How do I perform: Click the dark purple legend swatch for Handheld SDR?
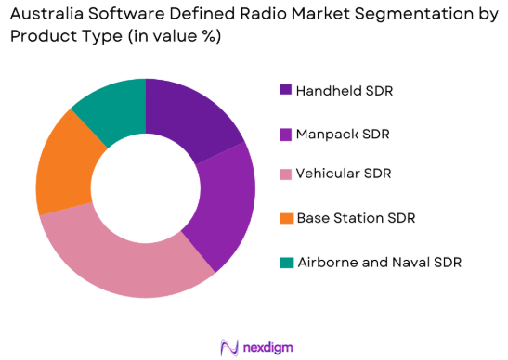(x=284, y=90)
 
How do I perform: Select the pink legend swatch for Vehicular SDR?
(x=284, y=174)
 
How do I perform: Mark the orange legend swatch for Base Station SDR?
(x=284, y=218)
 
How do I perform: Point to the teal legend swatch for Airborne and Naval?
(x=284, y=262)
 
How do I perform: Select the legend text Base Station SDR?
(x=355, y=218)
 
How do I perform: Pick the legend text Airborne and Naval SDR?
(x=378, y=262)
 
